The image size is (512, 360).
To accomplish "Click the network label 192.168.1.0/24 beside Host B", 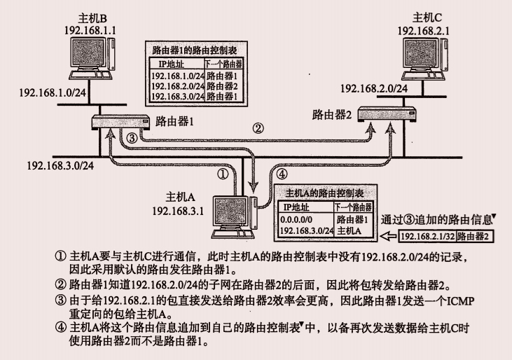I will (47, 91).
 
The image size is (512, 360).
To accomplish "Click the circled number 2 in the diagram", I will (258, 128).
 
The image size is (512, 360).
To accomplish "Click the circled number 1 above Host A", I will (222, 172).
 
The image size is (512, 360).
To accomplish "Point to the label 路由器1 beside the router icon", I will (174, 120).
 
